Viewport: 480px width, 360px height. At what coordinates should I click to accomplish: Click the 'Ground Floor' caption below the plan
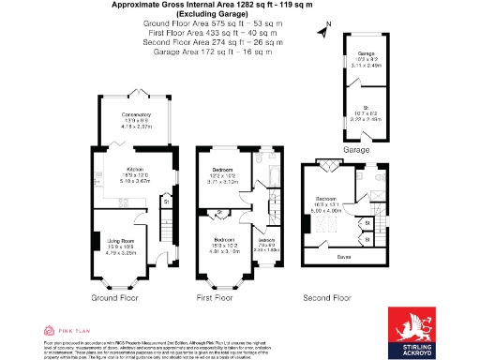[115, 297]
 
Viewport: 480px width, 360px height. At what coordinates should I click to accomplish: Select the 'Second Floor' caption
[325, 297]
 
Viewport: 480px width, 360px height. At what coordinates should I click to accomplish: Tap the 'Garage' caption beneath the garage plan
[356, 149]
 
